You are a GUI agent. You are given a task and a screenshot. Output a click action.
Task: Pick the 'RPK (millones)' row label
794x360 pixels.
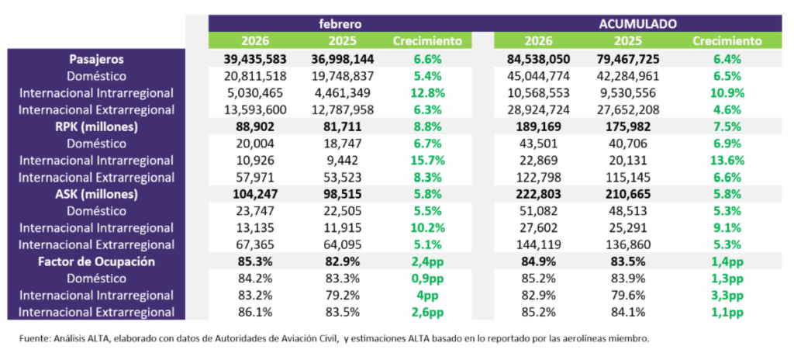[x=95, y=126]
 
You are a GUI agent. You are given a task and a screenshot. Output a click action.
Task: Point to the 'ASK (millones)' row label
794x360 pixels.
[x=95, y=194]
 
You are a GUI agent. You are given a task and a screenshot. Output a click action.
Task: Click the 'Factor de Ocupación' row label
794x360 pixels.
[x=95, y=261]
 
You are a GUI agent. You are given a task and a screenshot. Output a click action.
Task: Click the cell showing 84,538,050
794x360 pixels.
[x=537, y=59]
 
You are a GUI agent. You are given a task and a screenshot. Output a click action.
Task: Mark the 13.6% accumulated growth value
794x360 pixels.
[x=727, y=161]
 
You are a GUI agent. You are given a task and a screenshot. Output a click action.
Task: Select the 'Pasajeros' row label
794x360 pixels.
[x=95, y=59]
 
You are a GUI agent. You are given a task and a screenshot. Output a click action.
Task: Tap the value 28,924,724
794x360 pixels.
[x=537, y=110]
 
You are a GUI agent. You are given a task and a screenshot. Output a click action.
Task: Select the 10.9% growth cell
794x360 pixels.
[x=727, y=93]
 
